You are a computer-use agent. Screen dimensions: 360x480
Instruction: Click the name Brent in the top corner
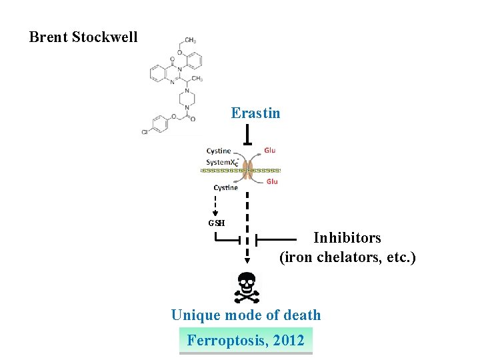pyautogui.click(x=49, y=37)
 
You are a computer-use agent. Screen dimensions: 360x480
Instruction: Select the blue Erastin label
pyautogui.click(x=255, y=113)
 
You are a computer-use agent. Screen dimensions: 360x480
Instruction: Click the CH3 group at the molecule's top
pyautogui.click(x=190, y=41)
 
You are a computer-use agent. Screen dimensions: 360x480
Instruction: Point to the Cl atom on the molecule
pyautogui.click(x=145, y=132)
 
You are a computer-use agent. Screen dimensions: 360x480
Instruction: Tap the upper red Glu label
pyautogui.click(x=269, y=151)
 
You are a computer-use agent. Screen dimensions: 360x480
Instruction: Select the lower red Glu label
pyautogui.click(x=271, y=181)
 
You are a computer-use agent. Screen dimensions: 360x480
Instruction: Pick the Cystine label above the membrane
pyautogui.click(x=219, y=151)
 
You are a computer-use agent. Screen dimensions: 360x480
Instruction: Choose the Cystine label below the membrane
pyautogui.click(x=225, y=187)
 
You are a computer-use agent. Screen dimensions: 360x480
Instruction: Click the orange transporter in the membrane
pyautogui.click(x=248, y=170)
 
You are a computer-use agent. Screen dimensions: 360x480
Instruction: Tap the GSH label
pyautogui.click(x=217, y=223)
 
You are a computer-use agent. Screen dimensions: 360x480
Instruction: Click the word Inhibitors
pyautogui.click(x=347, y=238)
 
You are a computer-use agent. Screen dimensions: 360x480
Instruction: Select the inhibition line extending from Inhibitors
pyautogui.click(x=277, y=238)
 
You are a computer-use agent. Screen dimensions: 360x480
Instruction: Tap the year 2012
pyautogui.click(x=289, y=341)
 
